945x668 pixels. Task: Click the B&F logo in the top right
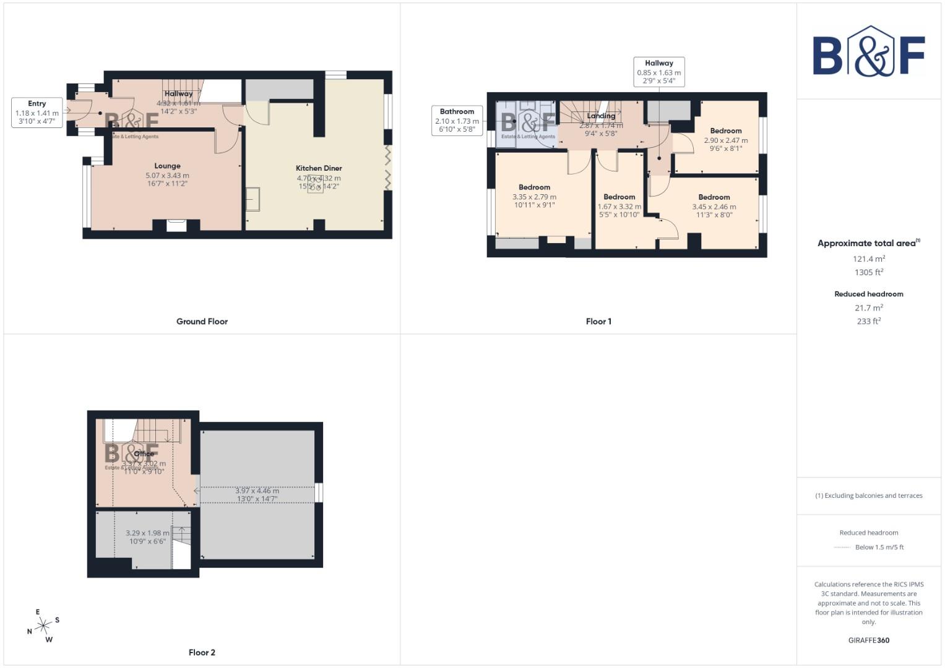tap(868, 52)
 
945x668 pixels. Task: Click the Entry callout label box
tap(37, 113)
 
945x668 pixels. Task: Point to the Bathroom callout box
tap(457, 121)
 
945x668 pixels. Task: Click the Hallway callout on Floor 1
tap(658, 72)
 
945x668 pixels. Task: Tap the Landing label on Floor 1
tap(601, 116)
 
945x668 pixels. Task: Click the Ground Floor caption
tap(202, 322)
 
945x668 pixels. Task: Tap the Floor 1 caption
tap(598, 322)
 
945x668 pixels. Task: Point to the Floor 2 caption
tap(202, 653)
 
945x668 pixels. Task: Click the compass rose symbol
tap(43, 626)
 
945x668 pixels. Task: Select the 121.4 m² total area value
tap(868, 259)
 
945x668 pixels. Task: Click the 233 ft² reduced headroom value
tap(868, 322)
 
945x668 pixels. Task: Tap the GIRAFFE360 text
tap(868, 640)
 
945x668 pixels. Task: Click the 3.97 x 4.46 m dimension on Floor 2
tap(256, 495)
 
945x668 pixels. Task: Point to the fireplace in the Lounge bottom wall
tap(176, 226)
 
